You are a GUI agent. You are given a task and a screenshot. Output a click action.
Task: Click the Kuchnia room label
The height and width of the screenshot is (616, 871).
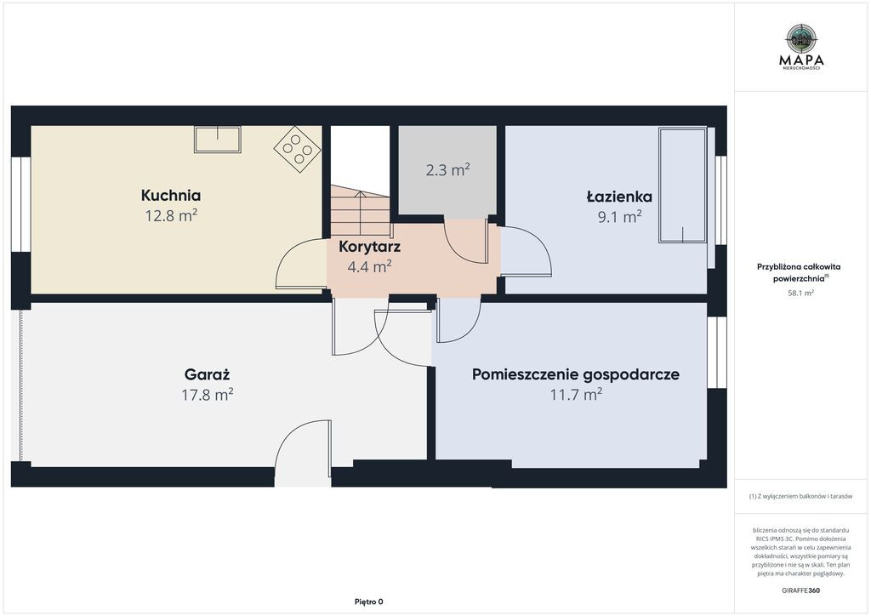[170, 196]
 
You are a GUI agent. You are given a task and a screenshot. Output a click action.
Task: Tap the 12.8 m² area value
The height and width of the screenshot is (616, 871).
[171, 215]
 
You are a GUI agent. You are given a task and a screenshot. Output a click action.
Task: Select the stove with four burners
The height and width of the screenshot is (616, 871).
[297, 148]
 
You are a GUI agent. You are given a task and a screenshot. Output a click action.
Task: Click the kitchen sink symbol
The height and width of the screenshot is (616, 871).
[217, 140]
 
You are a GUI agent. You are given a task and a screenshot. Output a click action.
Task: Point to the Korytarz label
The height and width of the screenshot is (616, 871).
[369, 247]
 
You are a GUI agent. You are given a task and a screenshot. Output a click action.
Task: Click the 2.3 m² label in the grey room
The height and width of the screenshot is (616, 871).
[447, 169]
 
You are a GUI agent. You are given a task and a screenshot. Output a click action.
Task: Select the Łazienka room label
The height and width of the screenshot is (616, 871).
[619, 196]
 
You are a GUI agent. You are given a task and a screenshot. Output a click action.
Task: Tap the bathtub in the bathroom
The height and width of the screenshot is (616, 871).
[683, 185]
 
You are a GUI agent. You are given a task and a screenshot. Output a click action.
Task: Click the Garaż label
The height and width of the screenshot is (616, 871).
[207, 374]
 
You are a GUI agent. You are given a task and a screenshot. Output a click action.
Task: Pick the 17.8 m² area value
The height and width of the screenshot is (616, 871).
[208, 395]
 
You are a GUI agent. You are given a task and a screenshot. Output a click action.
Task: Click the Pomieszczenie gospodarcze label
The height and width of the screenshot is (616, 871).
[576, 375]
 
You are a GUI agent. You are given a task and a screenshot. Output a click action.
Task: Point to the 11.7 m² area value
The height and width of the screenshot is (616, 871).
[576, 395]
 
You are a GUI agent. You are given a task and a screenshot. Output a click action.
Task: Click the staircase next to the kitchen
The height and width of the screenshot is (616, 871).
[360, 210]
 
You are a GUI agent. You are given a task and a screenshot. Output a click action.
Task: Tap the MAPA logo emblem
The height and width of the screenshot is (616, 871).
[801, 39]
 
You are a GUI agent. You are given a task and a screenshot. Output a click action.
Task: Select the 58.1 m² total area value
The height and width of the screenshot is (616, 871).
[800, 293]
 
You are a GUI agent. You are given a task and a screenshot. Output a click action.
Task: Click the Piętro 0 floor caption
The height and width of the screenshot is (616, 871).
[369, 602]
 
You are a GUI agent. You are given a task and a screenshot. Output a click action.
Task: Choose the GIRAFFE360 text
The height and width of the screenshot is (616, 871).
[800, 590]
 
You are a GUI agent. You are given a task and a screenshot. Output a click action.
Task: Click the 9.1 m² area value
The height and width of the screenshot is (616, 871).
[619, 216]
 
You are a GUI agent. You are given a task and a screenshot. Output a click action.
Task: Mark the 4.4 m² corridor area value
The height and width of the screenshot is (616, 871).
[369, 266]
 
